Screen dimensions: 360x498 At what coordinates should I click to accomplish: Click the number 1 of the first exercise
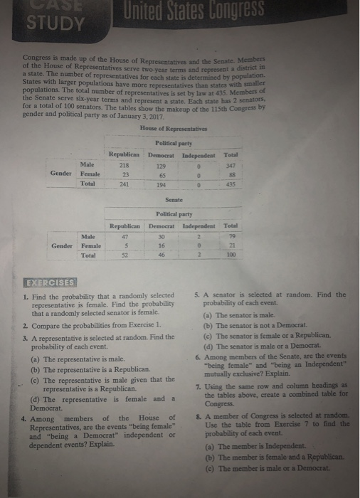tap(25, 296)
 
